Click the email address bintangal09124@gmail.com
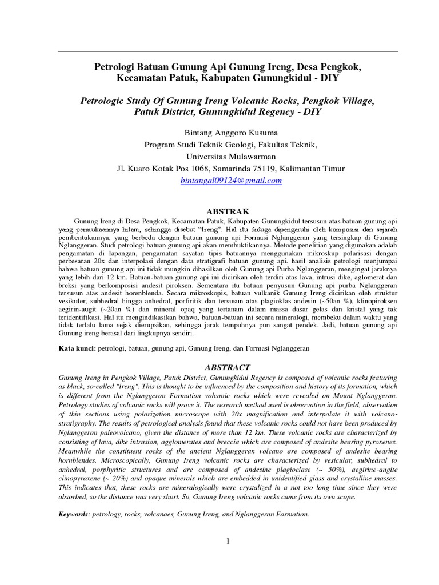[x=231, y=181]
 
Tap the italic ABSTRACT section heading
[x=227, y=367]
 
